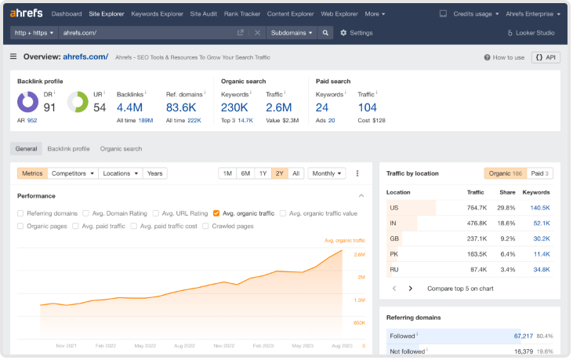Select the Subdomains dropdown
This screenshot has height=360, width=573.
pyautogui.click(x=291, y=33)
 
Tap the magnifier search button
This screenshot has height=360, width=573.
pyautogui.click(x=325, y=33)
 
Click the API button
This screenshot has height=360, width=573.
pyautogui.click(x=546, y=57)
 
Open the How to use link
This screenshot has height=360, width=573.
pyautogui.click(x=504, y=57)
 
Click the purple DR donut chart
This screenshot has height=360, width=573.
pyautogui.click(x=28, y=102)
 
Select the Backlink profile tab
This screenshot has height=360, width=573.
pyautogui.click(x=68, y=148)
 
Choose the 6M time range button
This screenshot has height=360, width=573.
pyautogui.click(x=245, y=173)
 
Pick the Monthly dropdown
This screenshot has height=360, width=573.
pyautogui.click(x=327, y=173)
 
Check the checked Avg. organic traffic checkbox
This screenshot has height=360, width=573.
pyautogui.click(x=216, y=213)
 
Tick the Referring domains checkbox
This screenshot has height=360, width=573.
pyautogui.click(x=20, y=213)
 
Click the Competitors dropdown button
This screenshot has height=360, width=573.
pyautogui.click(x=73, y=173)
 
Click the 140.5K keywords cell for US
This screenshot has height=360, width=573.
pyautogui.click(x=539, y=208)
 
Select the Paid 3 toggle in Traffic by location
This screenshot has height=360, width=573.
pyautogui.click(x=540, y=173)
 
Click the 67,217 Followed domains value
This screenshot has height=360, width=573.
pyautogui.click(x=523, y=336)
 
